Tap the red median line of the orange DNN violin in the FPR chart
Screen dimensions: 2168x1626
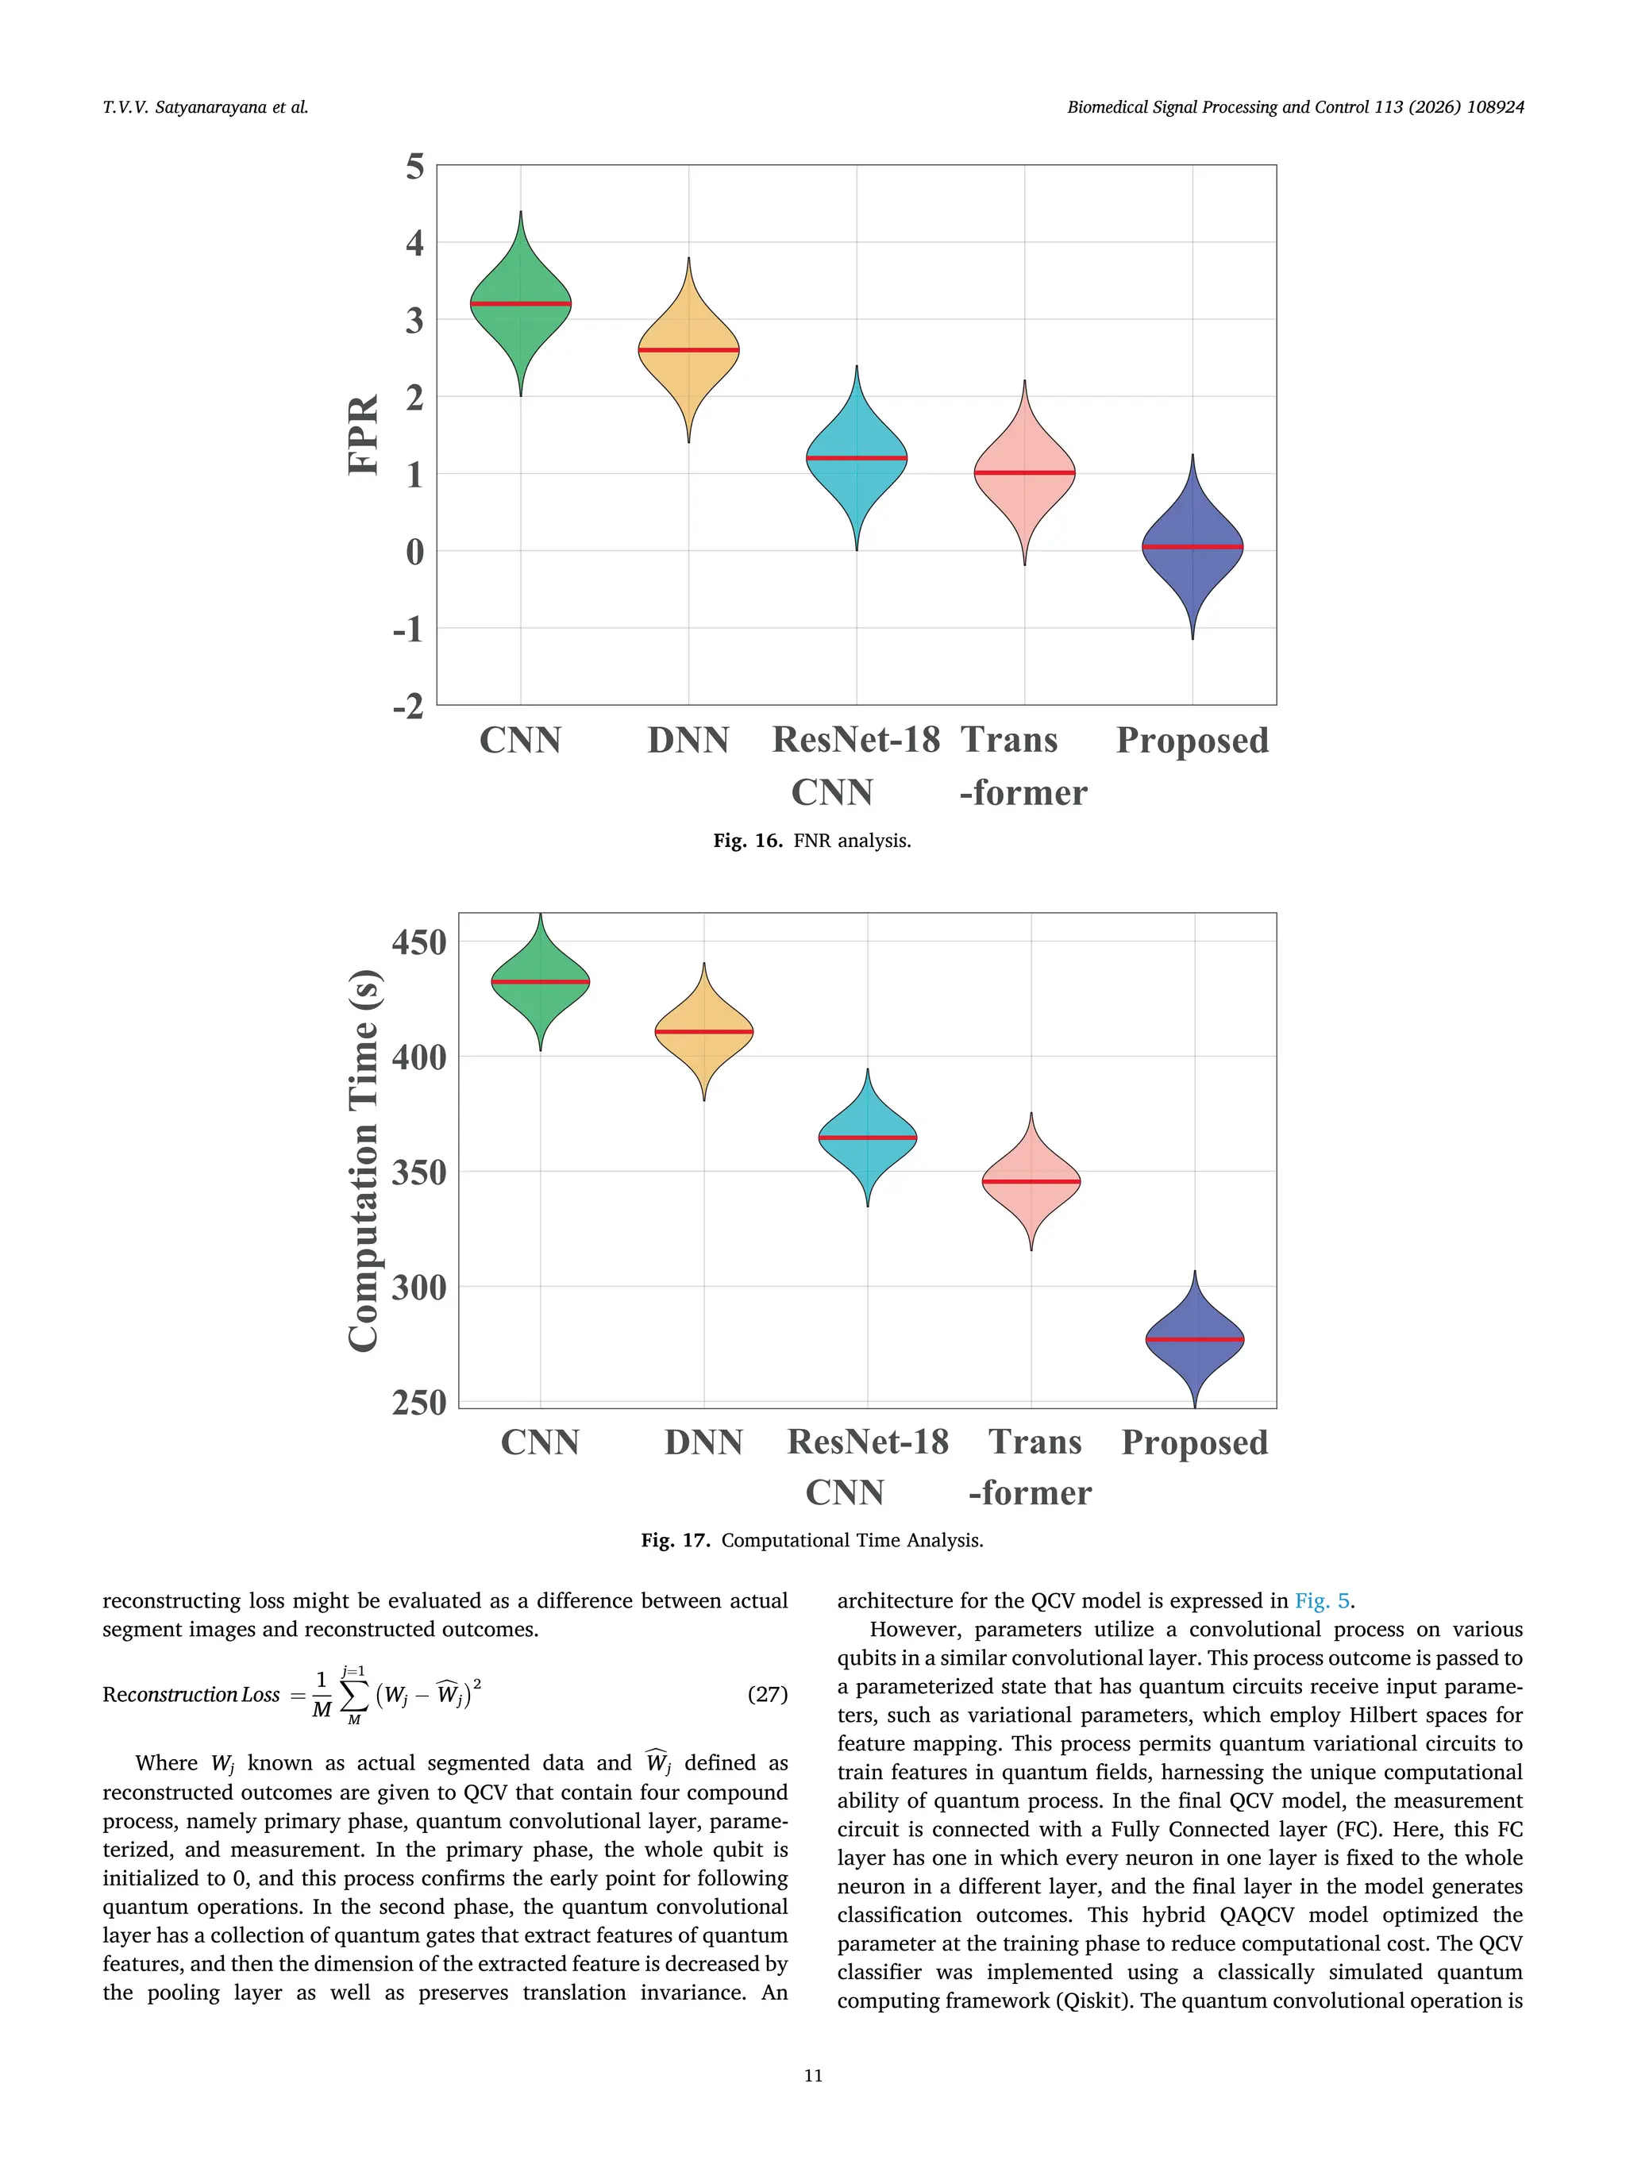tap(688, 350)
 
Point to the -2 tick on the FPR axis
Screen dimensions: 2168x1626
tap(409, 706)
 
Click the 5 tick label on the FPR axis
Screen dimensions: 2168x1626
tap(414, 167)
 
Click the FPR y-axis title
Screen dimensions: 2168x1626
tap(364, 435)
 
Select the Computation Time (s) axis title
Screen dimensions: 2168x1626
tap(364, 1161)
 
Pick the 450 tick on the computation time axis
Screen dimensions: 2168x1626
tap(418, 943)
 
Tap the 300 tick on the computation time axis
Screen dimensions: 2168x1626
tap(418, 1287)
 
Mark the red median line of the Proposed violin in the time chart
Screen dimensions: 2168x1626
tap(1194, 1339)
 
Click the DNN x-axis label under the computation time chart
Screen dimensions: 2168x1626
tap(703, 1442)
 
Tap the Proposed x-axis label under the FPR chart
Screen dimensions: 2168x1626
tap(1192, 740)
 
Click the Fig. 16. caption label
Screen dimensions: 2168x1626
tap(747, 841)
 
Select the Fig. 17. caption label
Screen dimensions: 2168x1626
tap(676, 1541)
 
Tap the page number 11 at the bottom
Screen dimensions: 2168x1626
tap(812, 2075)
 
